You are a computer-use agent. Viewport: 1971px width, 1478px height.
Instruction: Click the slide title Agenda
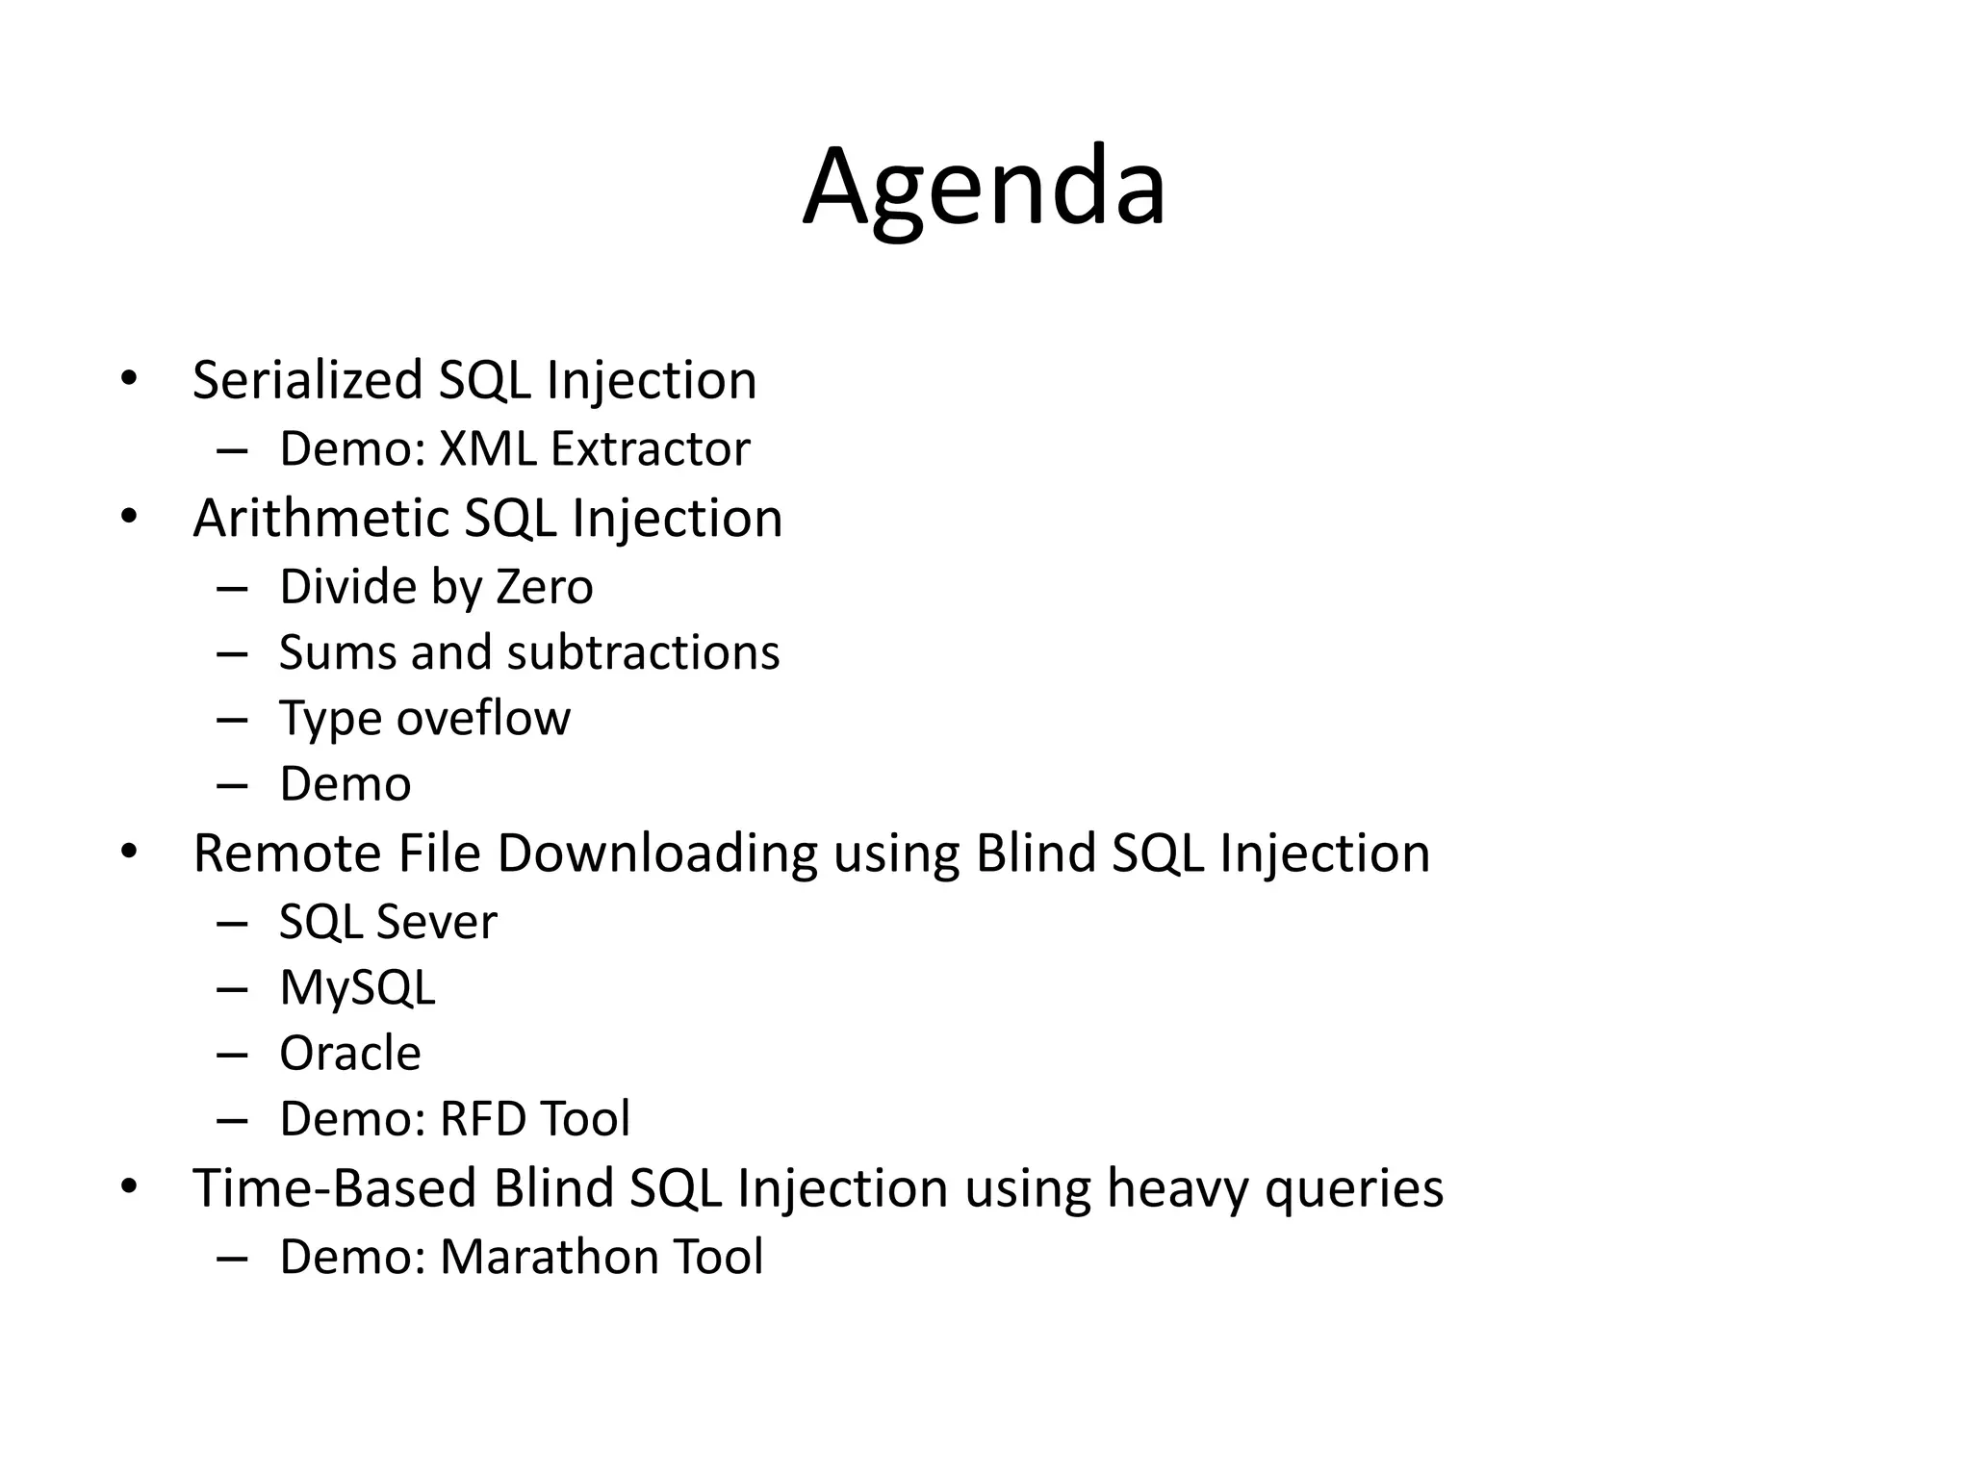point(985,188)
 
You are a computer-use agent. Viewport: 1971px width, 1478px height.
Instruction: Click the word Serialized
point(307,380)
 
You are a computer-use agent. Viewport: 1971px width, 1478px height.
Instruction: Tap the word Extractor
point(650,449)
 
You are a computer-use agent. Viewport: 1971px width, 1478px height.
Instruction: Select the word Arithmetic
point(320,519)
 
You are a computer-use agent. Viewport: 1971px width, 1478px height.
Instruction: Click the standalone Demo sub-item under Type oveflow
point(345,784)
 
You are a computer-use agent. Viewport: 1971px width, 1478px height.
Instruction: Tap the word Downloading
point(656,854)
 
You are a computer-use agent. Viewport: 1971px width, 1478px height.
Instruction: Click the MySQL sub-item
point(357,988)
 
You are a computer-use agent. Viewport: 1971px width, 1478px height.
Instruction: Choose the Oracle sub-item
point(349,1054)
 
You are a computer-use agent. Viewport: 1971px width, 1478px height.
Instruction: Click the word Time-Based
point(334,1188)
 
